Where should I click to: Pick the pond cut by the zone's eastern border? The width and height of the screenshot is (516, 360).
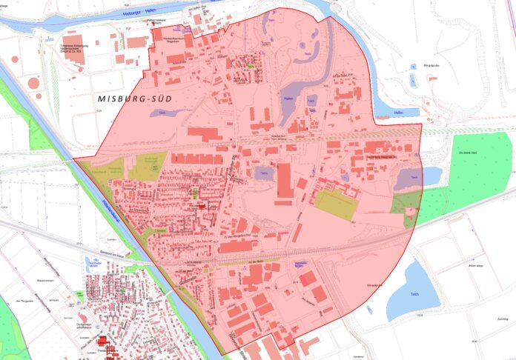[x=408, y=179]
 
